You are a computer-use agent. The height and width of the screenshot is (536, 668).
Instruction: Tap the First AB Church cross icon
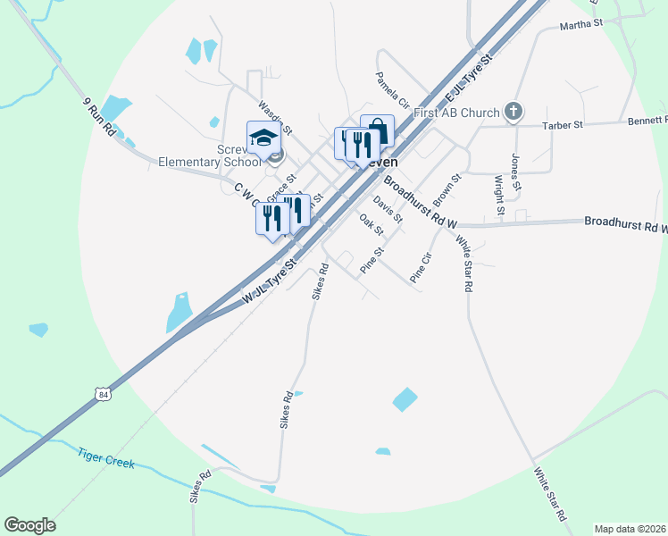click(513, 111)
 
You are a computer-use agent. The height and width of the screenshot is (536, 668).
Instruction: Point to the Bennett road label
click(647, 120)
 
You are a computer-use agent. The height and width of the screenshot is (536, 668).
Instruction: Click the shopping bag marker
click(377, 132)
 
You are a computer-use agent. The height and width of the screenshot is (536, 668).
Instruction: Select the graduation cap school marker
click(263, 138)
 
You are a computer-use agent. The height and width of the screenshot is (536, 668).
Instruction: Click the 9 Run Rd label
click(98, 116)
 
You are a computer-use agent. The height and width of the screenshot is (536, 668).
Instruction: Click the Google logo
click(29, 525)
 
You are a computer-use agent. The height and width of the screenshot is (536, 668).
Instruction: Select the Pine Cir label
click(420, 268)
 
